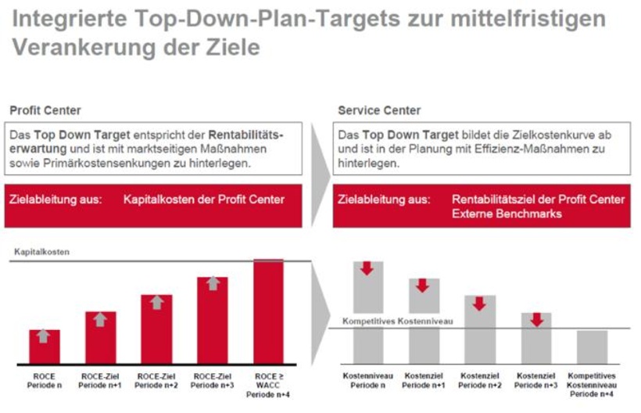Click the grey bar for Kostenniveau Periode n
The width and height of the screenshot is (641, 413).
[368, 312]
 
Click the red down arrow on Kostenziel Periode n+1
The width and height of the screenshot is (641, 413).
[423, 286]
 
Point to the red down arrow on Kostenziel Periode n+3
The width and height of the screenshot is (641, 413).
[536, 320]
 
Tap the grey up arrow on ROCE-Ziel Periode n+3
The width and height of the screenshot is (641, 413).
[213, 284]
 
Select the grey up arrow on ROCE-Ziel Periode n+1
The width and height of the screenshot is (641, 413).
[100, 319]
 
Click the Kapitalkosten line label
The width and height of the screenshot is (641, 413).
[41, 253]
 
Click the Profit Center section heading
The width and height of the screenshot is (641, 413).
[45, 110]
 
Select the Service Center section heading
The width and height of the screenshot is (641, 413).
[379, 110]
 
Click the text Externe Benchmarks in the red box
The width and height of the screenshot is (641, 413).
[507, 214]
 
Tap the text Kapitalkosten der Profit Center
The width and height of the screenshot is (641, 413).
[204, 199]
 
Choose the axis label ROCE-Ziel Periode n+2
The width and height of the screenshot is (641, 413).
[156, 380]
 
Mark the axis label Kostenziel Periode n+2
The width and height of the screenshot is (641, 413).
[480, 380]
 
